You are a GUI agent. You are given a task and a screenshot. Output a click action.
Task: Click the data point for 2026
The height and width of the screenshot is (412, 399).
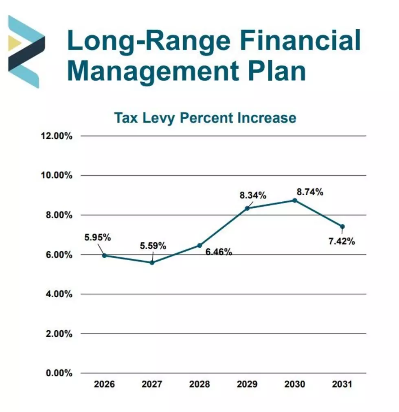click(104, 255)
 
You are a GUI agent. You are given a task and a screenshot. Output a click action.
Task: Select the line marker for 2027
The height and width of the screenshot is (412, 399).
click(152, 262)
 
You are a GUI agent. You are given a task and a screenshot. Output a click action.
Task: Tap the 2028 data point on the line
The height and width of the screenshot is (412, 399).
click(199, 245)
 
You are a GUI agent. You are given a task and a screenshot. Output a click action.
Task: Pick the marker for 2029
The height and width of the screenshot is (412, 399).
click(247, 208)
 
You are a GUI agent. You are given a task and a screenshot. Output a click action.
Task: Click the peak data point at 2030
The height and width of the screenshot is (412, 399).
click(295, 201)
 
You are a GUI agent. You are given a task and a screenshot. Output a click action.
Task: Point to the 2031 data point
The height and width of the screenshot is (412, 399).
click(342, 227)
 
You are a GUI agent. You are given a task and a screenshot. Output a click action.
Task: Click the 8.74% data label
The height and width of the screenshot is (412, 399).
click(310, 192)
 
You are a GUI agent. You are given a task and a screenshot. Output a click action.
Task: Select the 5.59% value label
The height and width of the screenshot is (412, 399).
click(153, 246)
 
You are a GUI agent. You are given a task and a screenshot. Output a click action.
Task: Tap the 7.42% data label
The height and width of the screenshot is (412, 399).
click(342, 241)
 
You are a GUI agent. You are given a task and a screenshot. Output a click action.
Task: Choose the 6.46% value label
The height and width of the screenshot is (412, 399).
click(219, 252)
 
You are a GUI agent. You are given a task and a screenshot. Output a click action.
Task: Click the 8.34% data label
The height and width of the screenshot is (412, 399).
click(253, 196)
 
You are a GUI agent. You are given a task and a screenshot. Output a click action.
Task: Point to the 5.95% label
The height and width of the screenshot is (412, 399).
click(98, 238)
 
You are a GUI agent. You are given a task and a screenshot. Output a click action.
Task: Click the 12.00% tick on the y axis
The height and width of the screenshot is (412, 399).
click(57, 136)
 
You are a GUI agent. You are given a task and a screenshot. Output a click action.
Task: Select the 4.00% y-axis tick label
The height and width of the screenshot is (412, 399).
click(59, 294)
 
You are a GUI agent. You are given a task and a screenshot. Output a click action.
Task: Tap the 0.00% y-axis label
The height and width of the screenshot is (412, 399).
click(59, 373)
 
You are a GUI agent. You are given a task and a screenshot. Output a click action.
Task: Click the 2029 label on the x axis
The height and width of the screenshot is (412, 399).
click(247, 384)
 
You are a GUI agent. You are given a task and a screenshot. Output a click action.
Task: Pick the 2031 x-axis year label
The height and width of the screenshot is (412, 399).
click(342, 384)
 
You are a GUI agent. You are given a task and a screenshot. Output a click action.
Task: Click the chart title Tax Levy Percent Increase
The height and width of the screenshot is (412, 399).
click(205, 118)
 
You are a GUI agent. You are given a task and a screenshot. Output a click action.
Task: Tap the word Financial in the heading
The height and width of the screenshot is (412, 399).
click(300, 40)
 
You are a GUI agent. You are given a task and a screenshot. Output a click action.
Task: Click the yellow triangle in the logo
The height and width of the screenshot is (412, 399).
click(14, 43)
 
